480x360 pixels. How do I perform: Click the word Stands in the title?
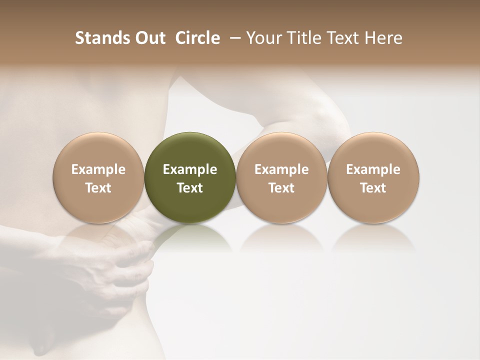(102, 38)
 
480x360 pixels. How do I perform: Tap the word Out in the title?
(149, 38)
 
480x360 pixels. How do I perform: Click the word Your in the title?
(263, 38)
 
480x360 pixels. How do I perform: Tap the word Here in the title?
(384, 38)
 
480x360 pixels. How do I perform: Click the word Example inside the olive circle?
(190, 169)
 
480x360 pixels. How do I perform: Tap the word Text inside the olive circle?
(190, 188)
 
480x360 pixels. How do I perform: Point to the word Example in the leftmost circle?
(98, 169)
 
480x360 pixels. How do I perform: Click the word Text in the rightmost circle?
(373, 188)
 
